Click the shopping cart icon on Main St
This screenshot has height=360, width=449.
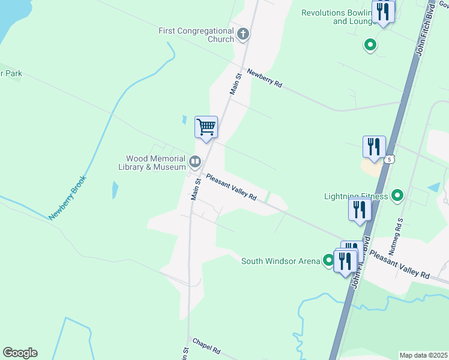click(206, 127)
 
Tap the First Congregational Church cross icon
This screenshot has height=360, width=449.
click(243, 34)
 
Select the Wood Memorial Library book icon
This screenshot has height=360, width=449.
click(195, 161)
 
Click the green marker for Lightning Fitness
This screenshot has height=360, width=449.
click(397, 195)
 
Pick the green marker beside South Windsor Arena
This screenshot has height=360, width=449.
click(328, 260)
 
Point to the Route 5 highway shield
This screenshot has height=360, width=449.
click(390, 159)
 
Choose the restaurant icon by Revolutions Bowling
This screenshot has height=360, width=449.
click(382, 11)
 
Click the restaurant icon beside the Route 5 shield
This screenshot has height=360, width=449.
click(374, 146)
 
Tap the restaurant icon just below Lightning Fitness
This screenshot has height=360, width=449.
click(360, 209)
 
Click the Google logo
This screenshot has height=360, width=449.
click(20, 353)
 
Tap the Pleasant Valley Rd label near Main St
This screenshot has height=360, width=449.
click(231, 187)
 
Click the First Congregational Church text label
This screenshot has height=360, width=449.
click(196, 35)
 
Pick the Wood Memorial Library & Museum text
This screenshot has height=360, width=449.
click(152, 163)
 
